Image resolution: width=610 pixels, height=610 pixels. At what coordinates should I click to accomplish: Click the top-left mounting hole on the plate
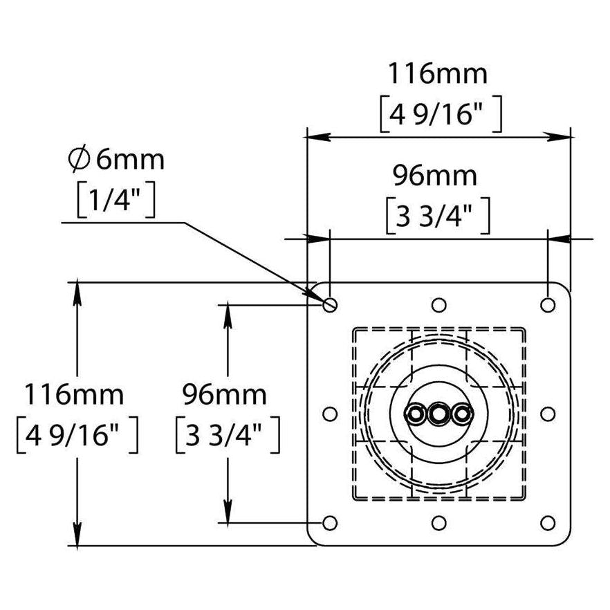(x=330, y=304)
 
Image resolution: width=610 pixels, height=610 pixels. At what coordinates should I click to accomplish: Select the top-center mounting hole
(x=438, y=304)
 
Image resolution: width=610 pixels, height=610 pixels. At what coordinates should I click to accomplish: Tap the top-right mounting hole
(x=548, y=304)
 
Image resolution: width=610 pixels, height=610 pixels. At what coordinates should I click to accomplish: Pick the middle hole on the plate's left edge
(x=330, y=414)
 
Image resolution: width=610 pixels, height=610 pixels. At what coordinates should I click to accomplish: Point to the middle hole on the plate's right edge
(x=548, y=414)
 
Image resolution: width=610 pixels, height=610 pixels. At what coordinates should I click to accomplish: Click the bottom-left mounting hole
(x=330, y=523)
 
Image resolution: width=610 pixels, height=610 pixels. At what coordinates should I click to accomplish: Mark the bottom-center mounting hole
(x=438, y=523)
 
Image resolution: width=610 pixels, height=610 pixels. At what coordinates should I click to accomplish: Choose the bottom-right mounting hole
(x=548, y=523)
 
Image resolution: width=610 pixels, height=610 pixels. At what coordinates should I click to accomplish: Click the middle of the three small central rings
(x=438, y=414)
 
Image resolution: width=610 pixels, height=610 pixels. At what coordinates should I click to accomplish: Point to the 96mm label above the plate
(x=435, y=176)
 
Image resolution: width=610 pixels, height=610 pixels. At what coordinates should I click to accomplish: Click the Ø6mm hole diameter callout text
(x=117, y=160)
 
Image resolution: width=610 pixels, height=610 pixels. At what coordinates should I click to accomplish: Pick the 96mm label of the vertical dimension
(x=225, y=395)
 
